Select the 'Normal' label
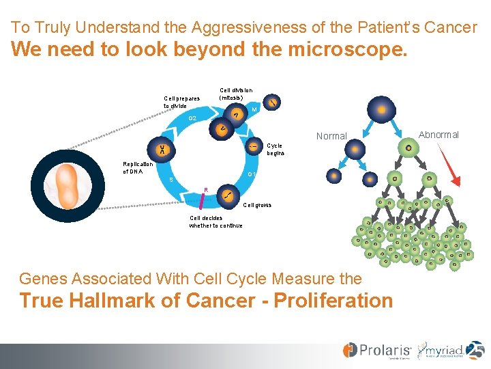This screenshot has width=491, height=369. point(331,136)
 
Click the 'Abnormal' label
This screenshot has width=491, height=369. point(438,135)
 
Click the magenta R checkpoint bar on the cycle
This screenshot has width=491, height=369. point(203,198)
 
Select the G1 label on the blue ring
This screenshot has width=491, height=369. point(252,175)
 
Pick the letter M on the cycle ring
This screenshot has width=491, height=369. point(254,111)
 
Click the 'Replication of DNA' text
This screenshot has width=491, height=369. point(138,167)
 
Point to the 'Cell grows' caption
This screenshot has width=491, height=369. point(257,205)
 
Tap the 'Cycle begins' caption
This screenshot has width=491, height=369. point(274,150)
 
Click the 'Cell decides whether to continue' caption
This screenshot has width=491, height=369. point(215,222)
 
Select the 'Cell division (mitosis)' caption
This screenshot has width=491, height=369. point(236,94)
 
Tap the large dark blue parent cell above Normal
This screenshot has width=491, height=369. point(381,109)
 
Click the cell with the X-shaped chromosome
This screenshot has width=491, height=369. point(163,150)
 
